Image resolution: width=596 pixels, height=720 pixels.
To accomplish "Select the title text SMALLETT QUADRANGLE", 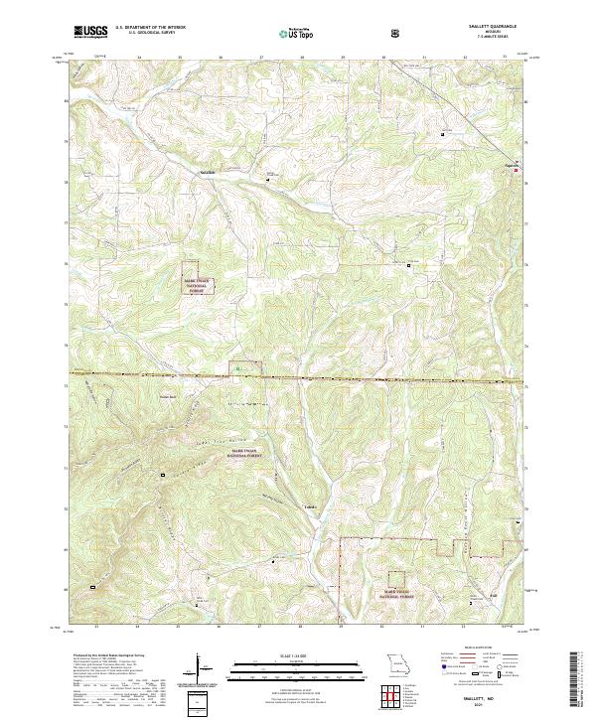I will click(x=496, y=27).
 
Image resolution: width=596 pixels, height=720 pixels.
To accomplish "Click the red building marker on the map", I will click(x=516, y=171).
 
